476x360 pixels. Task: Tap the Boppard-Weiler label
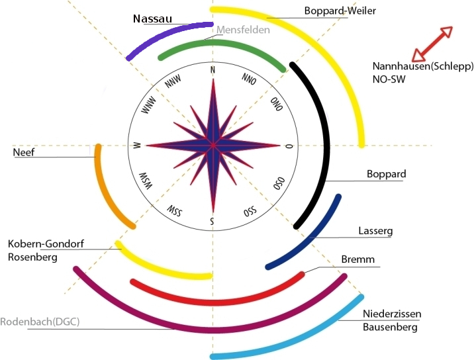pos(335,11)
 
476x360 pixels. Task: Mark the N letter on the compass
pos(212,70)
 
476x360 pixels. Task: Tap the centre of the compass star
pos(213,145)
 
